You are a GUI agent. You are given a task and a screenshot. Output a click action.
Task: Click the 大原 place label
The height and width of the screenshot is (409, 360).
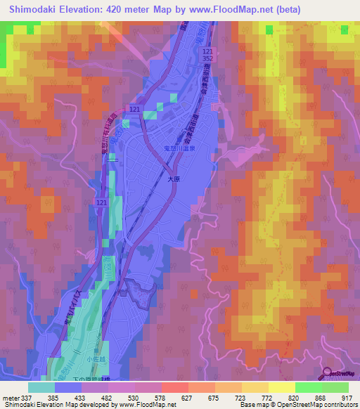pyautogui.click(x=175, y=179)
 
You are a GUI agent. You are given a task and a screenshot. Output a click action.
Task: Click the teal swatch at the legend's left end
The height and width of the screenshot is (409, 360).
pyautogui.click(x=41, y=387)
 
